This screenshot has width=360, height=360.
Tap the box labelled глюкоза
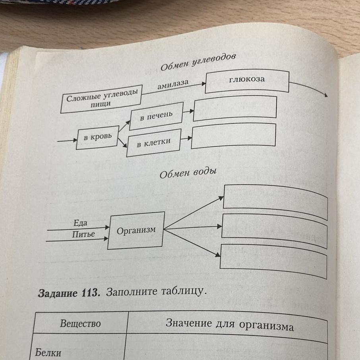point(247,81)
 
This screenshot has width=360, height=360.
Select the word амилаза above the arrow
point(172,85)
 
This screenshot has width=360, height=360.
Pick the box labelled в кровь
point(97,137)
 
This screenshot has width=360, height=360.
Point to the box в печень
point(156,115)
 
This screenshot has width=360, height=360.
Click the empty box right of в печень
point(235,107)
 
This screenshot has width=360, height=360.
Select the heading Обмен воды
point(188,174)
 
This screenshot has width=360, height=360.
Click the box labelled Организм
point(136,230)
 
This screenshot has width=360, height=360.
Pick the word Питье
point(83,234)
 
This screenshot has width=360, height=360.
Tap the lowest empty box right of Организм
point(273,260)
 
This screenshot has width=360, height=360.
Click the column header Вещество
point(80,323)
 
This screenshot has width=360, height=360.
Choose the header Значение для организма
point(229,325)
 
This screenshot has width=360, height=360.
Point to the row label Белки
point(48,352)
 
